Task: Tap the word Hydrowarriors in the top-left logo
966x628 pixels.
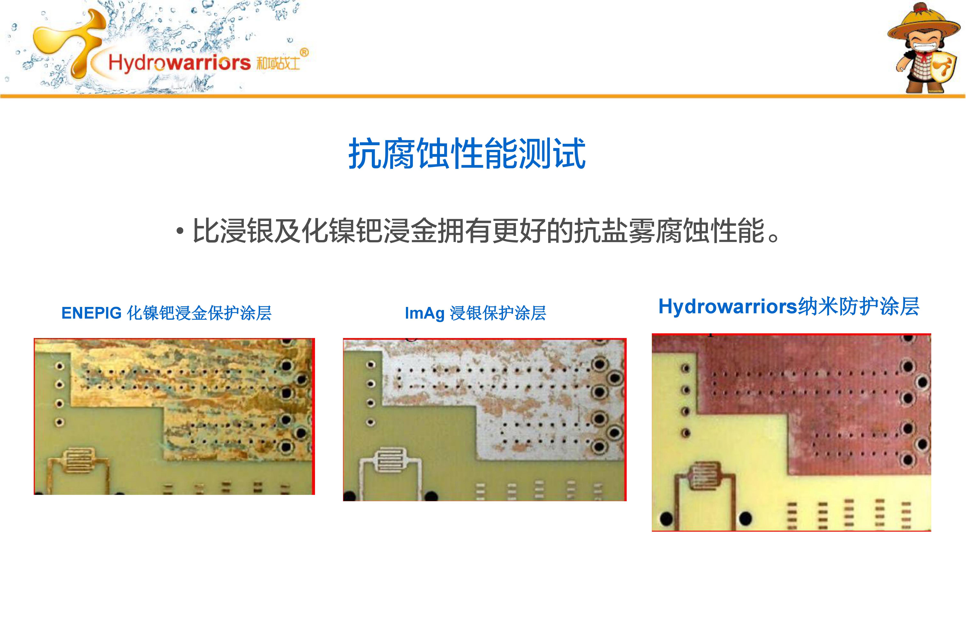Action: click(179, 63)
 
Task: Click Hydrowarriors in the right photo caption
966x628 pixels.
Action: click(728, 307)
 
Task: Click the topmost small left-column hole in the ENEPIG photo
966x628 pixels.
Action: click(60, 367)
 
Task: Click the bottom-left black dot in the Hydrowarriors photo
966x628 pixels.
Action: click(666, 518)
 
